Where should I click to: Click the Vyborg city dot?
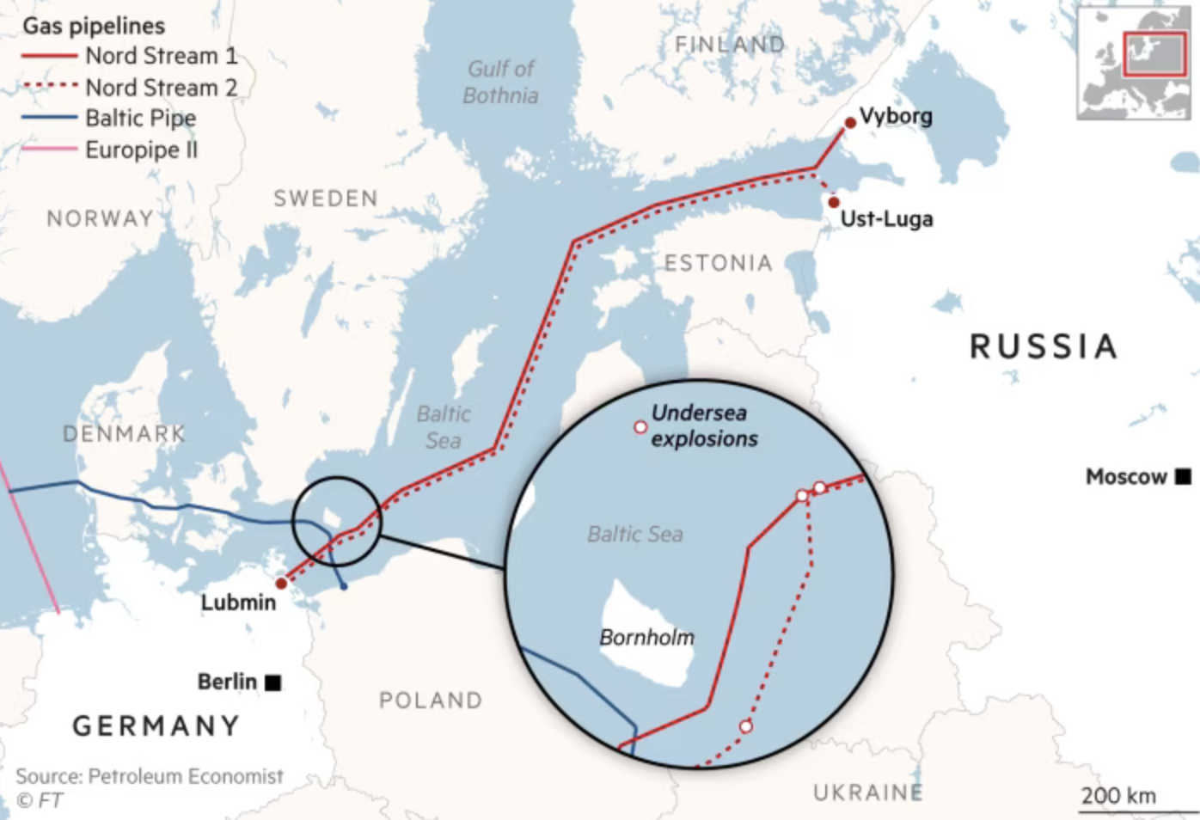coord(850,123)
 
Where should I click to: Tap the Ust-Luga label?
coord(886,219)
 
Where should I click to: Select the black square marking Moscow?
coord(1184,475)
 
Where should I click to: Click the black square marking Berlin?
coord(273,682)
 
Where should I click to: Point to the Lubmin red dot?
coord(281,584)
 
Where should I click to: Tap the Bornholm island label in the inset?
coord(646,638)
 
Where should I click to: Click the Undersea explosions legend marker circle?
coord(640,427)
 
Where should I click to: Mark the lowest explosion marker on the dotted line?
coord(746,726)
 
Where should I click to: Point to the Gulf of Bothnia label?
coord(501,82)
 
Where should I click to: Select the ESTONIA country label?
coord(719,263)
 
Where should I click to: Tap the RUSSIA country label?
coord(1044,346)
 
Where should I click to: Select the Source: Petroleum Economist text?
coord(150,776)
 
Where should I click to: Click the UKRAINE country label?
coord(868,792)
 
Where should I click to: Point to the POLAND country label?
coord(431,701)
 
